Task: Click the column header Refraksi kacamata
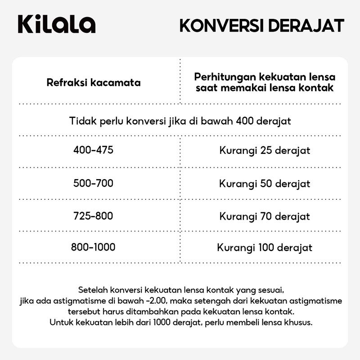coord(94,83)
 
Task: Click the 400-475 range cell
coord(93,150)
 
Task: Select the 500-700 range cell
coord(93,183)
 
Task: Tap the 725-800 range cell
coord(93,216)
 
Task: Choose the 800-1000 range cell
coord(93,247)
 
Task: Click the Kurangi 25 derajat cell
coord(265,150)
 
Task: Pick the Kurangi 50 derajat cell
coord(265,184)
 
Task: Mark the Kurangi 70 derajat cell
coord(265,216)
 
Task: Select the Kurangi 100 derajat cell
coord(265,247)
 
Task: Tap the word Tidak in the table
coord(81,121)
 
